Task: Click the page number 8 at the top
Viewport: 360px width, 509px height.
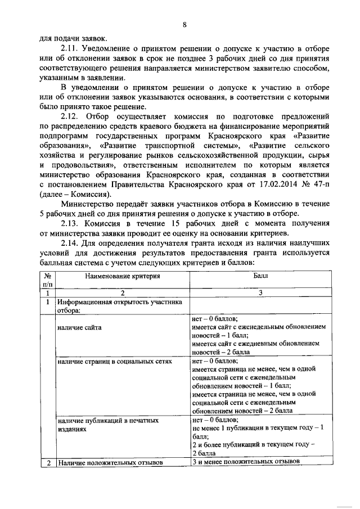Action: click(x=183, y=25)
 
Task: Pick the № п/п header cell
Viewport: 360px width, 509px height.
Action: click(x=48, y=281)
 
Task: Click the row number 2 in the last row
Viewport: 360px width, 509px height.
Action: click(x=48, y=463)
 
